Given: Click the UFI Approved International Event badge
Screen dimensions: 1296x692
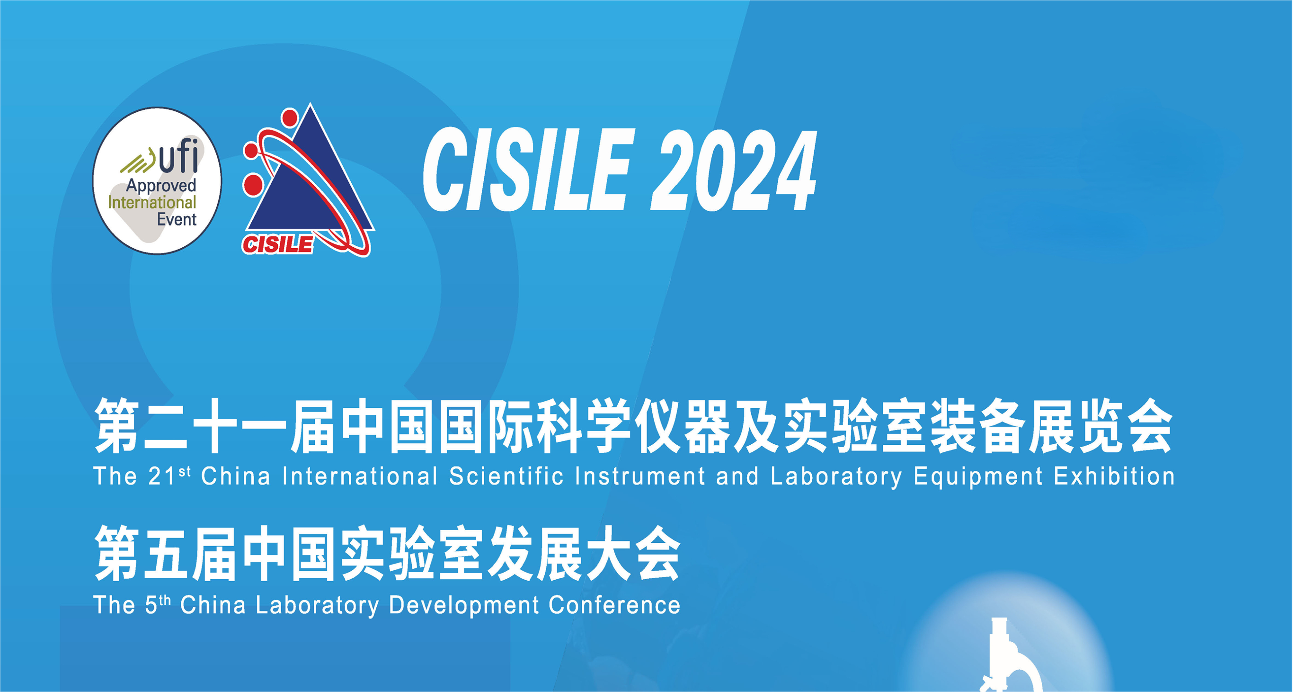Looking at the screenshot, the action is pos(157,180).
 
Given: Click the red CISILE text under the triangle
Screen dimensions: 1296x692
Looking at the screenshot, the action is pos(277,244).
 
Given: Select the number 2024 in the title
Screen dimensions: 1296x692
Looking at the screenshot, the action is pos(733,170).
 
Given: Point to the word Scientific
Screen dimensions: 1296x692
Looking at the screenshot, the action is pos(506,476).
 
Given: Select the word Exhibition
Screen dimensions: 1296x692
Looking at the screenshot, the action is pos(1114,476).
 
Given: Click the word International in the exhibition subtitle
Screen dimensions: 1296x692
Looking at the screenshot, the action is pos(360,476).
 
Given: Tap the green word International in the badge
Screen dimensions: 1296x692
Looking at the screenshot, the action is pos(152,202).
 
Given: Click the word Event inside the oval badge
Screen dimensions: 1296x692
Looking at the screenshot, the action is pos(177,219).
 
